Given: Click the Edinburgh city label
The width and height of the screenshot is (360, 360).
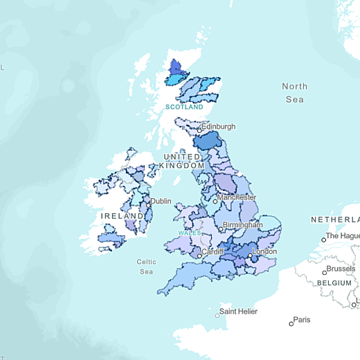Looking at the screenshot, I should [x=219, y=127].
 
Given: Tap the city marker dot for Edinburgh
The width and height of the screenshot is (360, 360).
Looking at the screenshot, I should [x=199, y=129].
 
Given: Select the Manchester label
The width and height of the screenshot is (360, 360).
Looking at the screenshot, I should [x=237, y=197].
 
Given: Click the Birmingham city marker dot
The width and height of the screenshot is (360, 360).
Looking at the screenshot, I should [x=220, y=228].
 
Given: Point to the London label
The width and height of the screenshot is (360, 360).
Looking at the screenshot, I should [x=264, y=252].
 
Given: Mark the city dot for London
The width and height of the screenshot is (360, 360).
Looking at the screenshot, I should [x=250, y=256].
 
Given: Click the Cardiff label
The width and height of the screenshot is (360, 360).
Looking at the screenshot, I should [x=212, y=251].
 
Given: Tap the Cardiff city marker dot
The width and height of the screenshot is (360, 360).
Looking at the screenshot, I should [x=199, y=256].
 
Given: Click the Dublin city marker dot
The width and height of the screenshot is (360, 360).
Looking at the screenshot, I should [x=147, y=204].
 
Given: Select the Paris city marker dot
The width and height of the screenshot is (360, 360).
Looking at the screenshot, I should [x=291, y=323].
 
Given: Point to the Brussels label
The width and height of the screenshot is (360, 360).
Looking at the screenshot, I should [x=340, y=268].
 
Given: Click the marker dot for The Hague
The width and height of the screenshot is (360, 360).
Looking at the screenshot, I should [x=323, y=240].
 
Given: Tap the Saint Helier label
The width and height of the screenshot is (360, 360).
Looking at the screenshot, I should [x=238, y=312].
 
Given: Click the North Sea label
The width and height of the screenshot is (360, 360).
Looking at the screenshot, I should [x=294, y=93].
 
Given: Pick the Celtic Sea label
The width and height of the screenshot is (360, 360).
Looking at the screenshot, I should [x=146, y=267].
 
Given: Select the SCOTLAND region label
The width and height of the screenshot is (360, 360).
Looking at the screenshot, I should [x=184, y=107].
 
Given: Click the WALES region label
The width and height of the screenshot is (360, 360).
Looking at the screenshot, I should [x=189, y=233].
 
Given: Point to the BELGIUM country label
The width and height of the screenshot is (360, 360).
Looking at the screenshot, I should [x=336, y=283].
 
